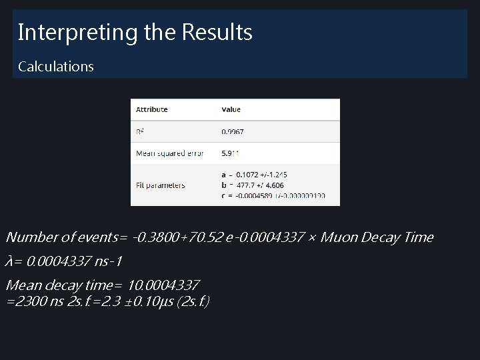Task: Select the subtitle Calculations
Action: point(56,67)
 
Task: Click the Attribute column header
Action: point(152,109)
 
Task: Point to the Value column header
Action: point(231,109)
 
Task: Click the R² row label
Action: point(140,132)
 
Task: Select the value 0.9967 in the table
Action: point(233,132)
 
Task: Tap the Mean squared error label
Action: point(169,153)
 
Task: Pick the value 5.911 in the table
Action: point(230,153)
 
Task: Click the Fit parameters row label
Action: point(161,185)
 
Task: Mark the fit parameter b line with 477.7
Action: point(253,185)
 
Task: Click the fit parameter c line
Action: point(273,195)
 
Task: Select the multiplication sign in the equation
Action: point(312,237)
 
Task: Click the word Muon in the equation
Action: point(341,237)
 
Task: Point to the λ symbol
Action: point(9,261)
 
